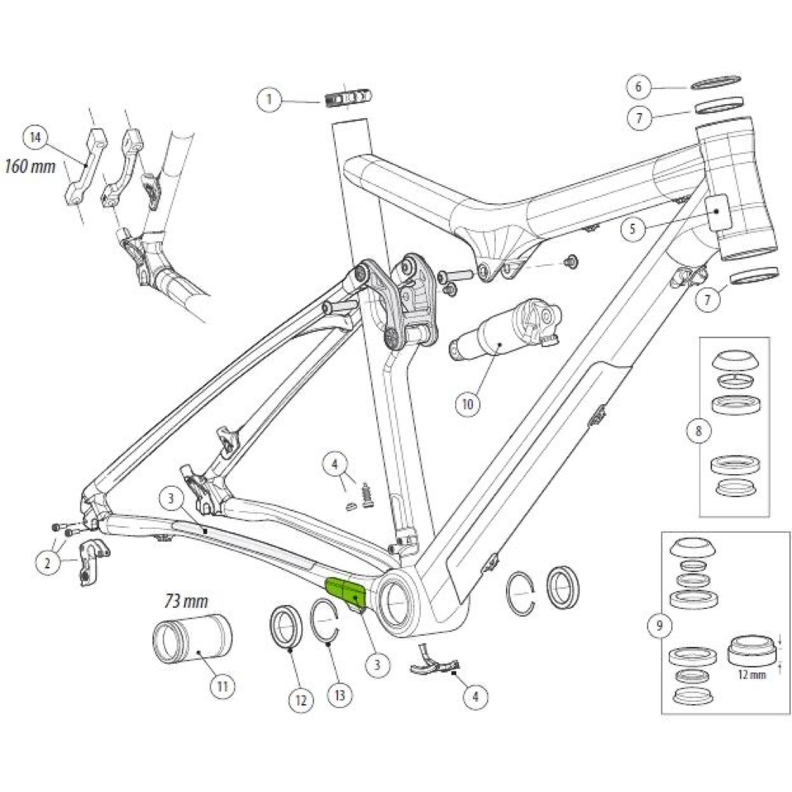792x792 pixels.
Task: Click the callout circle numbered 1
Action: [270, 99]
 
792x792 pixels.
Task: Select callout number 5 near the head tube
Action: [632, 229]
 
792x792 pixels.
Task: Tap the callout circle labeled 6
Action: [638, 87]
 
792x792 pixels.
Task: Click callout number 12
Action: [300, 700]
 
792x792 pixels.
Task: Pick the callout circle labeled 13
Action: [340, 694]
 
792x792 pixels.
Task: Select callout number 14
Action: [35, 137]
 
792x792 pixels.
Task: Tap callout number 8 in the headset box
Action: [698, 431]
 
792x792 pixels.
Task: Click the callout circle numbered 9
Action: [660, 626]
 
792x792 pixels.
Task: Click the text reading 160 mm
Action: [30, 166]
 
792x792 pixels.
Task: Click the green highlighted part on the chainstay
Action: [347, 591]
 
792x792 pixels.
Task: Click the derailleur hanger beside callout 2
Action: [91, 561]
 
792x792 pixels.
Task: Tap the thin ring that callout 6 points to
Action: [716, 81]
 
